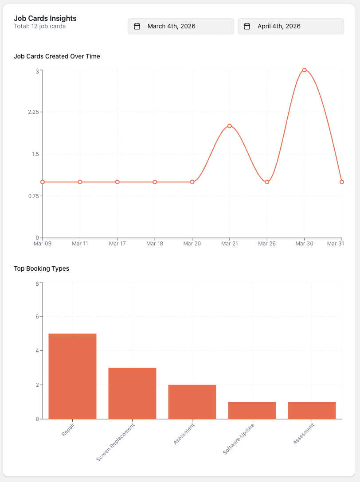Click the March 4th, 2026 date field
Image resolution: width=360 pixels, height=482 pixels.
tap(180, 26)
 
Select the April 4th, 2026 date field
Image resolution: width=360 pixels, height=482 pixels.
tap(290, 26)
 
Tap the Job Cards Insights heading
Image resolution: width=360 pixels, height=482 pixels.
tap(45, 18)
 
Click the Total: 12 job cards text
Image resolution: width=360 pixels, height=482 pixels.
tap(40, 27)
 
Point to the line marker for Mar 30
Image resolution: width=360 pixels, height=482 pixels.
tap(304, 70)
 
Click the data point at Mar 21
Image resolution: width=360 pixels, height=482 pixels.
tap(230, 126)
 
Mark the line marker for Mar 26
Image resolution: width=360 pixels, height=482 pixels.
tap(267, 182)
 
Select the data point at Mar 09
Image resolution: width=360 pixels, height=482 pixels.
tap(43, 182)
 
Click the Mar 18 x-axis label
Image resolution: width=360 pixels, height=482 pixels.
tap(155, 243)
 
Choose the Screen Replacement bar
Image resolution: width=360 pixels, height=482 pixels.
tap(132, 393)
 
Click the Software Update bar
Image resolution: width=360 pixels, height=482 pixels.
tap(252, 410)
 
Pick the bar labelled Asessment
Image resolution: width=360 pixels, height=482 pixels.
tap(192, 401)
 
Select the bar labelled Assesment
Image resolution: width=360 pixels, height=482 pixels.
tap(312, 410)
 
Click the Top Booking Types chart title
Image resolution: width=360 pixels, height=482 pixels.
tap(42, 268)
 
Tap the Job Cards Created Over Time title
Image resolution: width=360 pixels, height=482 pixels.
tap(57, 56)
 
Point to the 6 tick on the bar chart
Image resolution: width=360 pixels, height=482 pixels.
tap(37, 317)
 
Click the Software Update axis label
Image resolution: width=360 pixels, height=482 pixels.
tap(239, 439)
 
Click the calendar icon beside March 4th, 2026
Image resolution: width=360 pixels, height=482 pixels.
tap(137, 26)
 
